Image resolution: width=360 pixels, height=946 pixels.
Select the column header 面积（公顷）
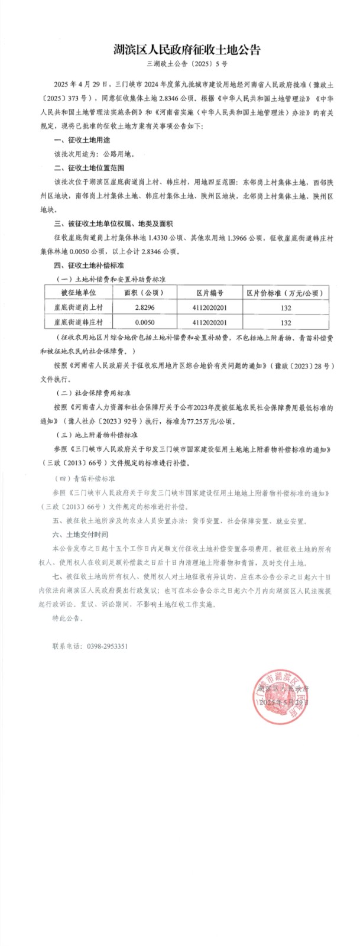pos(144,292)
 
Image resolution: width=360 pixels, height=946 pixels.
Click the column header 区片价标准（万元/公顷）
pos(286,292)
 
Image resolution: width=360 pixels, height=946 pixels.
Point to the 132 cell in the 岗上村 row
pos(286,307)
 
